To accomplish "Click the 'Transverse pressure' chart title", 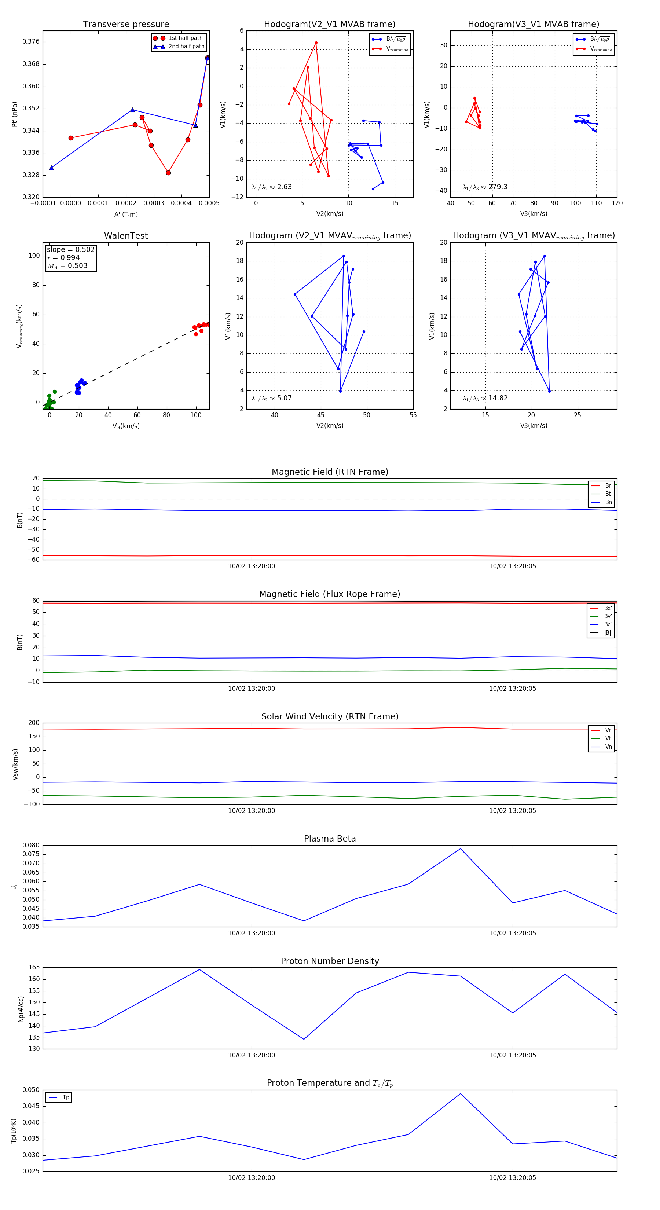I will coord(126,25).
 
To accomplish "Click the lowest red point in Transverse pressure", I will coord(168,173).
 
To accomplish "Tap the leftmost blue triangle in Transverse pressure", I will coord(52,168).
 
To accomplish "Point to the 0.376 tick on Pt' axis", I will coord(31,41).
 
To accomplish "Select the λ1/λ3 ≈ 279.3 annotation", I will coord(485,187).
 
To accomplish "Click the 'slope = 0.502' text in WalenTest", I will coord(70,249).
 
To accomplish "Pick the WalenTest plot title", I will coord(126,236).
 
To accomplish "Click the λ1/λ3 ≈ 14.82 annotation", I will coord(485,398).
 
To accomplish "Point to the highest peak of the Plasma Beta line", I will coord(461,848).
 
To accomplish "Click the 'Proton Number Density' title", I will coord(330,961).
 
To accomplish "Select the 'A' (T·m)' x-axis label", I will coord(126,214).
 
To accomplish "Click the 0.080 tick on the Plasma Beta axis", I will coord(31,846).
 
